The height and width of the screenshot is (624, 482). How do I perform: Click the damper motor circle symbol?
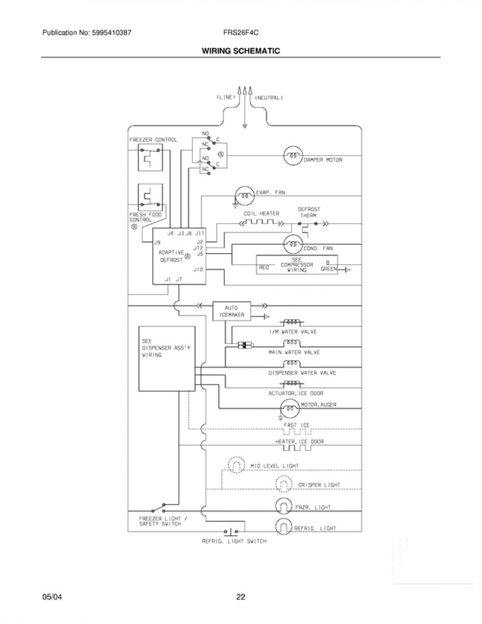(293, 156)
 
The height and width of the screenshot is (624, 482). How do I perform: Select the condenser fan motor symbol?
(293, 244)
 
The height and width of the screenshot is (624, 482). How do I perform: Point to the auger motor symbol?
(290, 408)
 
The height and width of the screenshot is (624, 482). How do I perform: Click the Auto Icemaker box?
(231, 311)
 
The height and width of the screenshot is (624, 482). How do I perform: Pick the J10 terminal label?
(198, 270)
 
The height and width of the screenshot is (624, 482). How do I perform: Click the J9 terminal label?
(157, 243)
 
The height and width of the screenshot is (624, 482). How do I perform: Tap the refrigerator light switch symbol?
(231, 531)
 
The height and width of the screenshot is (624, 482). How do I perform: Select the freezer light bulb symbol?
(284, 506)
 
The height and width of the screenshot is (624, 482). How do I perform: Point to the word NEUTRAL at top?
(269, 98)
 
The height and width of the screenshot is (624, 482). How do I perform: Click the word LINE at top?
(226, 97)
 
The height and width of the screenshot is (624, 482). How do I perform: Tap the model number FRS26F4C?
(241, 33)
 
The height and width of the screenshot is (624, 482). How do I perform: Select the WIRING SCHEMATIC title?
(241, 51)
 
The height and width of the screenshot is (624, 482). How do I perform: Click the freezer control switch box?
(150, 157)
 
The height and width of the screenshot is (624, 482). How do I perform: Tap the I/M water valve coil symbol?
(292, 322)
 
